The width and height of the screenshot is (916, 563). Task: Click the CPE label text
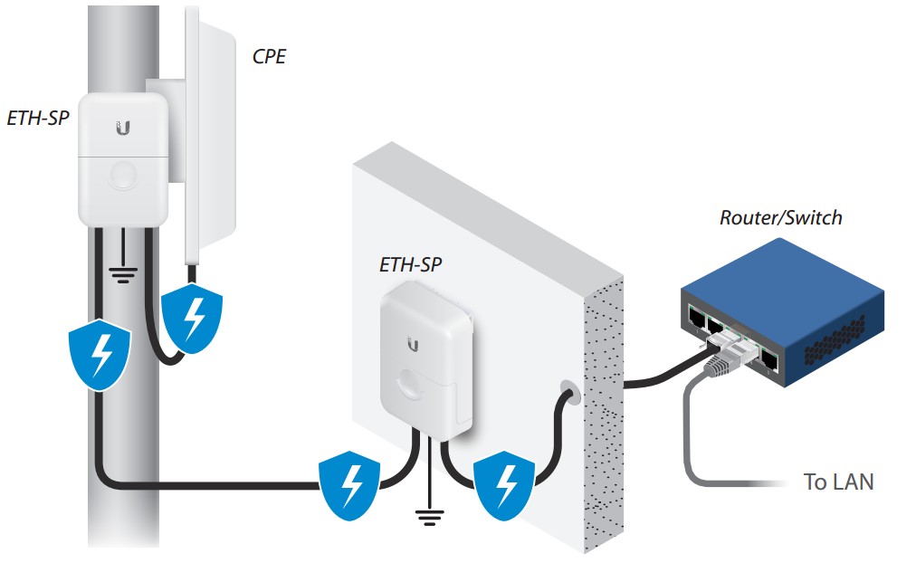pos(269,58)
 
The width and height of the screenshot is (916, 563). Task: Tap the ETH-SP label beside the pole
pos(38,118)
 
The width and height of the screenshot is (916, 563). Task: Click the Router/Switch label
pos(780,218)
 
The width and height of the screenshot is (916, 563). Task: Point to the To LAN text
pos(838,482)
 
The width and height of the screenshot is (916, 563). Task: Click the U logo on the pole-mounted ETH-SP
pos(123,128)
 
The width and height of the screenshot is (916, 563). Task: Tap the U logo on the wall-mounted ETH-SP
pos(414,344)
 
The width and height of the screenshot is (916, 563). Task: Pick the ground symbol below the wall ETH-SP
pos(427,517)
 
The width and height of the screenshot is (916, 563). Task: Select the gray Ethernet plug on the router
pos(720,361)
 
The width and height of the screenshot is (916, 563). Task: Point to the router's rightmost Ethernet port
pos(769,360)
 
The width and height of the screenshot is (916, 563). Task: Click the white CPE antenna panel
pos(214,136)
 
